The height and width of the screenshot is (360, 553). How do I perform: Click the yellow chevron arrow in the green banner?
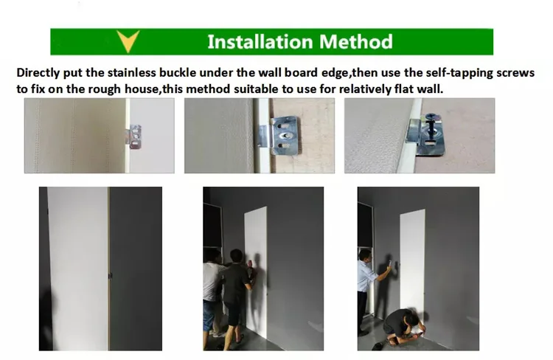(x=128, y=41)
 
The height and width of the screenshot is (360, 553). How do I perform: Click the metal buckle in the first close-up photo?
(x=135, y=136)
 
